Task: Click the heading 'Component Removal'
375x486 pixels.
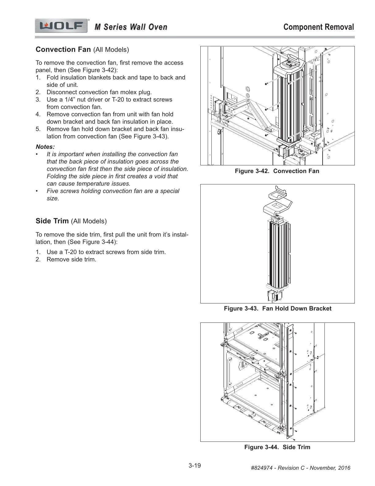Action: (319, 27)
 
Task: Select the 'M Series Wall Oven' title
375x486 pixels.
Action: (131, 27)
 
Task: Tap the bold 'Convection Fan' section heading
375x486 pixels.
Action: (63, 49)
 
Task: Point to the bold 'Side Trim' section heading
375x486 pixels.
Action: (52, 221)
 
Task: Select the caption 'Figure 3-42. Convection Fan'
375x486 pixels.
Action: (277, 171)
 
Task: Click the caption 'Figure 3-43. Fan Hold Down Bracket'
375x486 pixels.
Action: (278, 308)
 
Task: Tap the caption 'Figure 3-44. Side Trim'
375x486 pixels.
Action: (277, 447)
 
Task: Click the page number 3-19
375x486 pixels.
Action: (195, 466)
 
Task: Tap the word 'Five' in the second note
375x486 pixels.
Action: (53, 191)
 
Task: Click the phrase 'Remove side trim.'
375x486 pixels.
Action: (71, 259)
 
